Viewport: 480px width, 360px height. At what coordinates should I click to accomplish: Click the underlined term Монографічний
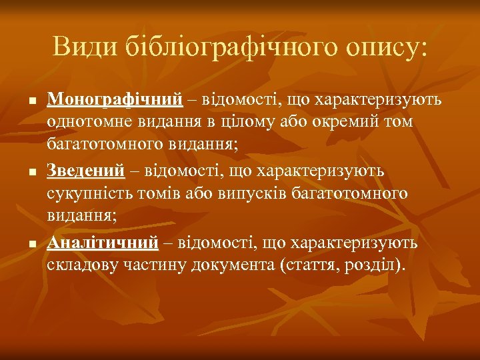pyautogui.click(x=114, y=100)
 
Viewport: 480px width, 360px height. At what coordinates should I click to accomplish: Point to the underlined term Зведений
pyautogui.click(x=85, y=171)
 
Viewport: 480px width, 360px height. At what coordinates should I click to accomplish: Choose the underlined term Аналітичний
pyautogui.click(x=102, y=242)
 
